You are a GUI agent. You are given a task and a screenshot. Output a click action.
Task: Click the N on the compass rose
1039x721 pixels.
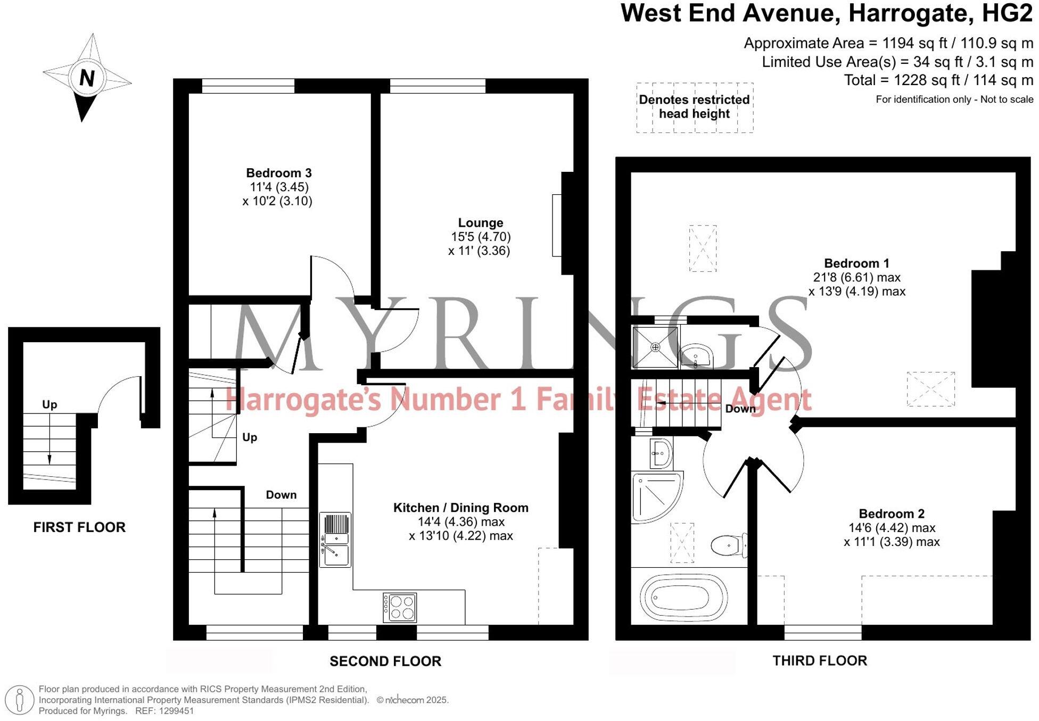pos(87,78)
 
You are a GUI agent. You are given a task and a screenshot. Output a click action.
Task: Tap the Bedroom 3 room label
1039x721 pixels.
pos(278,173)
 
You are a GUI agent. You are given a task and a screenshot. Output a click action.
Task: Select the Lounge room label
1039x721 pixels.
pos(480,223)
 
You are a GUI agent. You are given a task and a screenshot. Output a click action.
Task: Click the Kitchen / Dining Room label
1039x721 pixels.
pos(460,508)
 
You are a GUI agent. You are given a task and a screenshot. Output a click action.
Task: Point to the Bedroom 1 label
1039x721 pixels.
pos(856,263)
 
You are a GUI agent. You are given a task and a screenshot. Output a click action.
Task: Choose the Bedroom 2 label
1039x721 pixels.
pos(891,514)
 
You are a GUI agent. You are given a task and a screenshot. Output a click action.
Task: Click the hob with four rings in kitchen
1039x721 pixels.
pos(400,607)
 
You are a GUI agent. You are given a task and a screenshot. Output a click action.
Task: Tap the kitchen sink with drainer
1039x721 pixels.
pos(335,540)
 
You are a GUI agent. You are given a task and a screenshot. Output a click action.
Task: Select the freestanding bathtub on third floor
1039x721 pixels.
pos(683,596)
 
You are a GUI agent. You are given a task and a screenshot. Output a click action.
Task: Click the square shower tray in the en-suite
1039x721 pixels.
pos(655,347)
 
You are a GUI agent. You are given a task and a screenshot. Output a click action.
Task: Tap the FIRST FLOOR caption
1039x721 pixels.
pos(79,527)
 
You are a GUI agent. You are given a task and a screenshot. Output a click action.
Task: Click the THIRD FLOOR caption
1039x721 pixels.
pos(819,661)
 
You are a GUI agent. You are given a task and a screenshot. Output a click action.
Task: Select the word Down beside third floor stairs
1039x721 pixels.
pos(740,409)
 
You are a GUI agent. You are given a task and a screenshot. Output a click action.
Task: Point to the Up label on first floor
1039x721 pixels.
pos(50,404)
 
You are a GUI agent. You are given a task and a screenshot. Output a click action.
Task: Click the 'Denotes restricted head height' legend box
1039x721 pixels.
pos(694,107)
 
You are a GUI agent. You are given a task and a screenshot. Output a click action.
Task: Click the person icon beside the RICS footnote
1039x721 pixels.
pos(20,700)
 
